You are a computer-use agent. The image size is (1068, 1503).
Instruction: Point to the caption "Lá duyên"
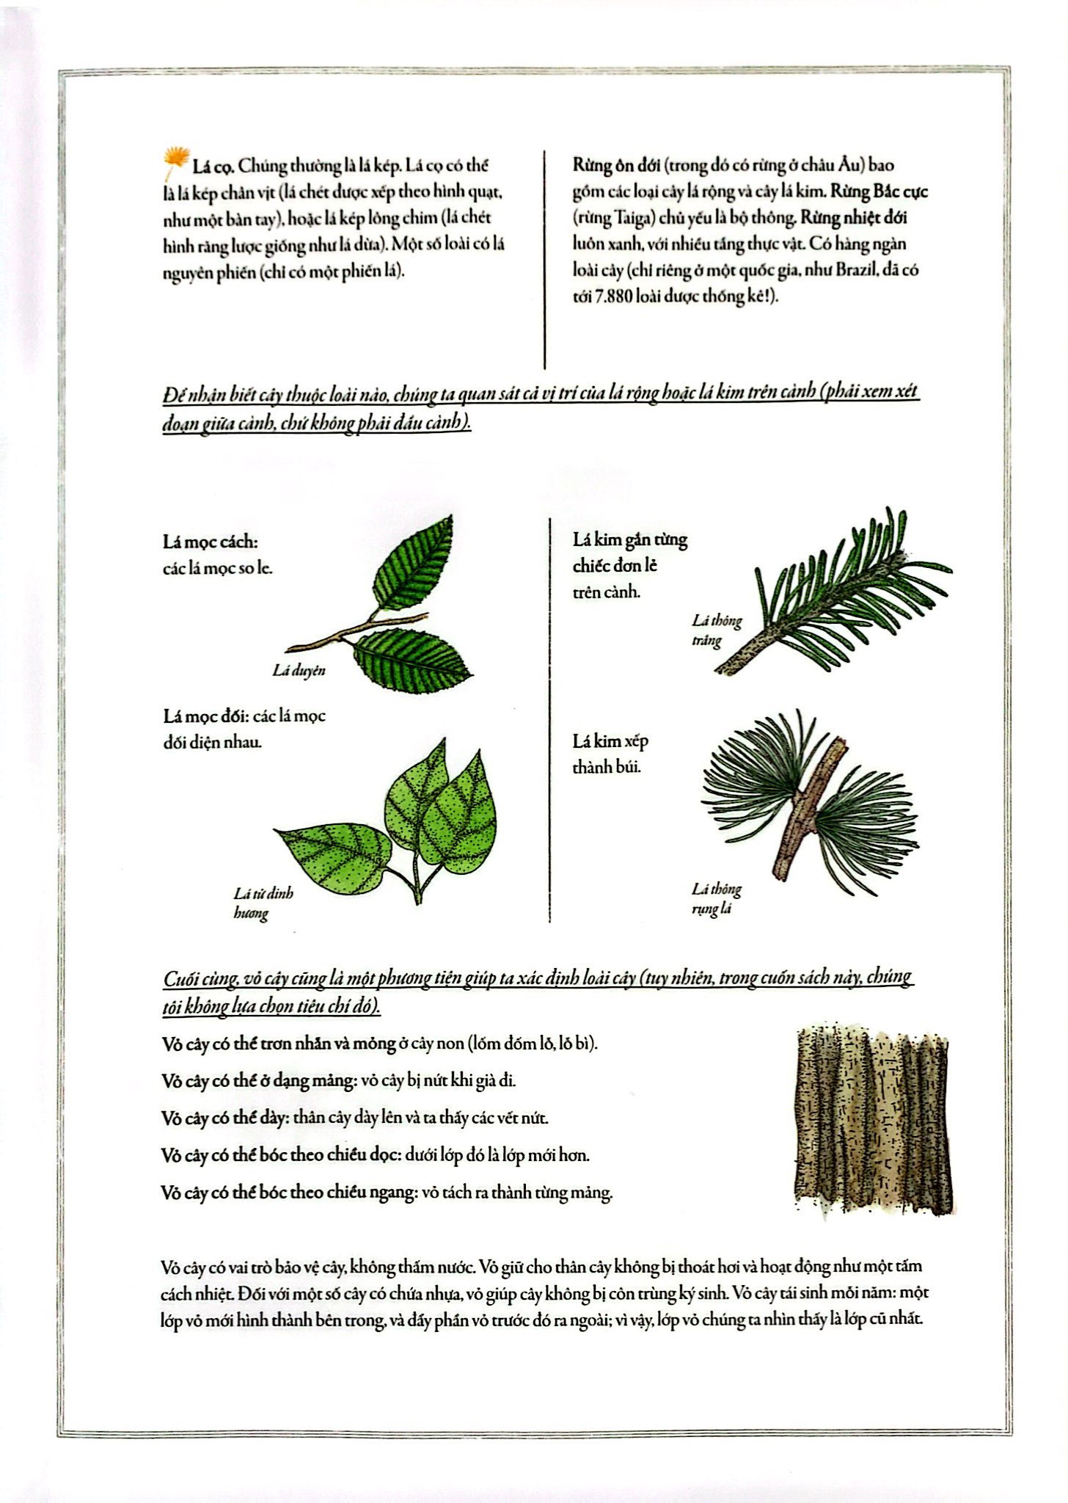point(299,670)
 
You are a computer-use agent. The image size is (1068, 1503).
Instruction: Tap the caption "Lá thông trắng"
point(716,630)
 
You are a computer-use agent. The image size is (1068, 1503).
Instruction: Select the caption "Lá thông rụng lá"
point(716,899)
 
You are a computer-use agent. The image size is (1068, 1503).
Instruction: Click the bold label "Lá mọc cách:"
point(211,542)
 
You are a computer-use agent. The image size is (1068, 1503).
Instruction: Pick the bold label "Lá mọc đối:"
point(203,716)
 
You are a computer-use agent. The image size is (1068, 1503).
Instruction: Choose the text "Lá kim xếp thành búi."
point(610,754)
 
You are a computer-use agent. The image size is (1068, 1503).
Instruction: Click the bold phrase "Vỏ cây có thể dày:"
point(224,1118)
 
